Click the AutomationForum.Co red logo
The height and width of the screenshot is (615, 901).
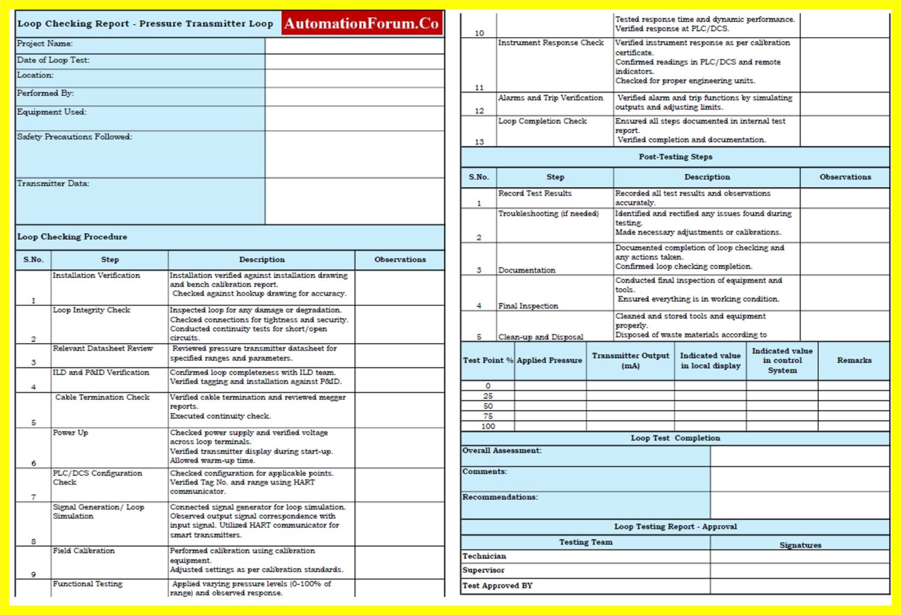[362, 24]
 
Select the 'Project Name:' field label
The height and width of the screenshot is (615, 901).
[45, 44]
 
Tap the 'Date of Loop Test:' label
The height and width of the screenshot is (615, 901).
[53, 60]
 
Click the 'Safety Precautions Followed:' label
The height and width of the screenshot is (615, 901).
[74, 137]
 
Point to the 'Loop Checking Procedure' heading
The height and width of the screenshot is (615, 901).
[72, 237]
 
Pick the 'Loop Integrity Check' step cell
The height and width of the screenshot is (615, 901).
[92, 310]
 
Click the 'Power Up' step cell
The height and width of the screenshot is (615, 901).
[70, 433]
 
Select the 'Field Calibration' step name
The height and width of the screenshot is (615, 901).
[84, 551]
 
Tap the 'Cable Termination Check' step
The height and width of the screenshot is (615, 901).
[103, 397]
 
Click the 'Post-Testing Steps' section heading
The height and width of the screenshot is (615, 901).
[675, 157]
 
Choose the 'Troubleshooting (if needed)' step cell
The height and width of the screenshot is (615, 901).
[548, 214]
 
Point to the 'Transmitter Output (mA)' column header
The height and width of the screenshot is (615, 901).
[630, 361]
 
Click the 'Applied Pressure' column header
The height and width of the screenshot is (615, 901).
[550, 361]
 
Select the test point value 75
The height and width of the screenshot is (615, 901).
[488, 416]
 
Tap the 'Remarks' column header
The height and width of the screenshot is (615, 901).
[854, 361]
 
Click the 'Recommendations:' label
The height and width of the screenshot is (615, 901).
[500, 497]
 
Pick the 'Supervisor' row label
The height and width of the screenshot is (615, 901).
[483, 570]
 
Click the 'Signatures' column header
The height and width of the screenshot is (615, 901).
[800, 545]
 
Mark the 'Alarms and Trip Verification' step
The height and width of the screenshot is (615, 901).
[550, 98]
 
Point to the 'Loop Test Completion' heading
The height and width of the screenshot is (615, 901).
[675, 439]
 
